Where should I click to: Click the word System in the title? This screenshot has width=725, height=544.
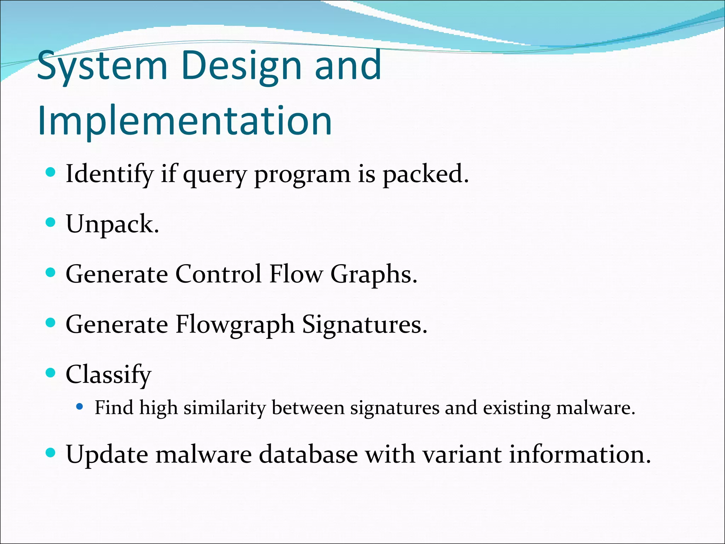[102, 66]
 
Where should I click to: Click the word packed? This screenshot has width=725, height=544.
[426, 174]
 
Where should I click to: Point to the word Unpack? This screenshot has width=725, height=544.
[113, 224]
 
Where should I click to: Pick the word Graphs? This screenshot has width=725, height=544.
[374, 275]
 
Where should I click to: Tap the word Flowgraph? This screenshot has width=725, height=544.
[235, 324]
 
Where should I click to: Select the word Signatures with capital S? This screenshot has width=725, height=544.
[365, 324]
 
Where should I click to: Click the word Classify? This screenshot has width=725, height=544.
[108, 375]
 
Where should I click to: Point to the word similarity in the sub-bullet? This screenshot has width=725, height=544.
[224, 408]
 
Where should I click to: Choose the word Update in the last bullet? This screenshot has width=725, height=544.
[107, 454]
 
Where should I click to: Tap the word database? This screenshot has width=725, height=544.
[308, 454]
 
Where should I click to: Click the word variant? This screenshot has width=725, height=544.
[462, 454]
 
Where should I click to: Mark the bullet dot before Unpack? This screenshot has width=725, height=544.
[51, 222]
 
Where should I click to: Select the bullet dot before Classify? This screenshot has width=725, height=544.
[51, 373]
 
